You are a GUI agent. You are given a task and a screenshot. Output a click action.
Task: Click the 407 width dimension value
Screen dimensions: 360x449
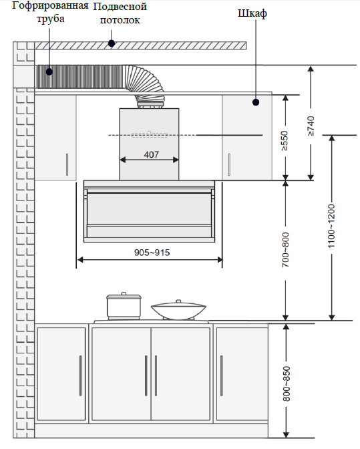(x=151, y=154)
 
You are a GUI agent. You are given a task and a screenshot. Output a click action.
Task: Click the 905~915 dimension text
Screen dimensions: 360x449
(x=152, y=253)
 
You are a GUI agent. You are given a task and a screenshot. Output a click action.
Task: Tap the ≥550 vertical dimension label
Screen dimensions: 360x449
(x=285, y=140)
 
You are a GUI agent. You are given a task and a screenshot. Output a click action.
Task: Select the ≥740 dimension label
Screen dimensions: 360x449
(x=311, y=126)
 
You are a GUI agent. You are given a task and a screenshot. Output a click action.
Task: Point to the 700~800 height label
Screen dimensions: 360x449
(x=285, y=250)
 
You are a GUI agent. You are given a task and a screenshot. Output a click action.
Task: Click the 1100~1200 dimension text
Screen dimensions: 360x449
(x=331, y=227)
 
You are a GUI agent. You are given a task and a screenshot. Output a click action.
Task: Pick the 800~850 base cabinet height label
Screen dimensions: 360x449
(x=286, y=384)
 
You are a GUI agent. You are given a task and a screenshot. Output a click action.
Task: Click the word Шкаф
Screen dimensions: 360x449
(x=252, y=13)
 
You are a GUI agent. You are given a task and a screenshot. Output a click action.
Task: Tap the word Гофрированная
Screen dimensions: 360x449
(x=50, y=6)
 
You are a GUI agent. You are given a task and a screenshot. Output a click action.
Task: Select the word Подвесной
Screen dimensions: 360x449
(x=120, y=6)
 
